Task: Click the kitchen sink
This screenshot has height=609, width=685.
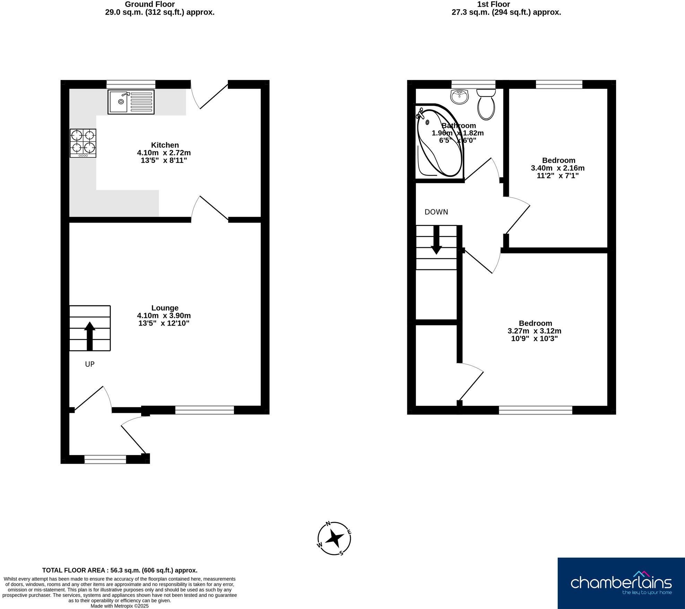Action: point(131,102)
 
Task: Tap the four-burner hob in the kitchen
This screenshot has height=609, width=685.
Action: point(83,143)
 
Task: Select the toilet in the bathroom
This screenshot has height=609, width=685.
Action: point(486,104)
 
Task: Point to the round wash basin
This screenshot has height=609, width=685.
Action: point(460,96)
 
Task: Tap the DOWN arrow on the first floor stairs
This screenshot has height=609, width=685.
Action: point(436,240)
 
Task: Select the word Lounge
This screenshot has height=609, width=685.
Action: point(165,308)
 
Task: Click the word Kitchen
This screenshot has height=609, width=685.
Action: point(165,145)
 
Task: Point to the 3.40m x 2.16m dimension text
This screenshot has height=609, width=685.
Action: point(558,168)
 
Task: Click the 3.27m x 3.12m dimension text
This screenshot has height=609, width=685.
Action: point(535,331)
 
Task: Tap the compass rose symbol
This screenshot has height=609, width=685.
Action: point(334,539)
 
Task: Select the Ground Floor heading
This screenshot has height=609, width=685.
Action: point(150,4)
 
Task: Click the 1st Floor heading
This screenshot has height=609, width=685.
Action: point(493,4)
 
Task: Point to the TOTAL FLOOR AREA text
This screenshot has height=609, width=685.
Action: point(120,570)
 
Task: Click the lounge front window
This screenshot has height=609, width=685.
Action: point(205,410)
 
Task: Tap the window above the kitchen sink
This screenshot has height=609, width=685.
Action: point(131,84)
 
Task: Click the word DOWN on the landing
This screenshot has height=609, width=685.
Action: point(436,212)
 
